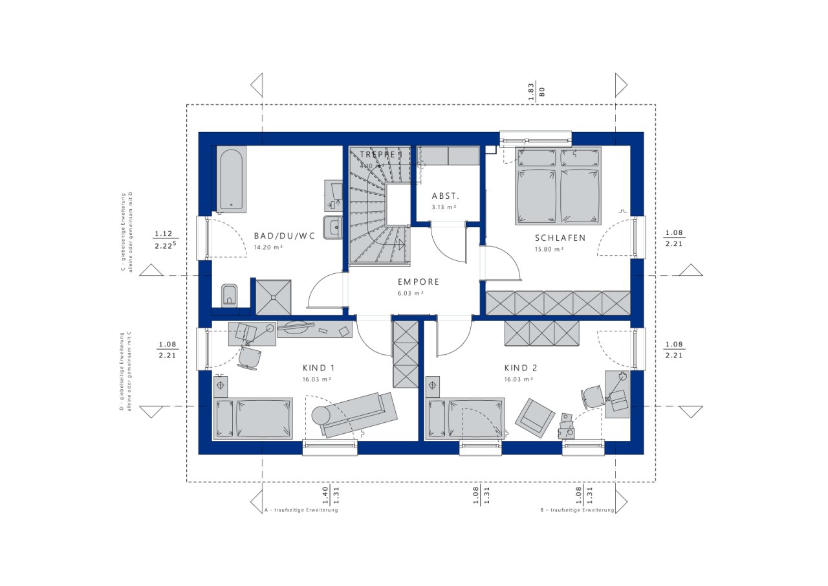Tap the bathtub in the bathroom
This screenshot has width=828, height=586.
[x=231, y=179]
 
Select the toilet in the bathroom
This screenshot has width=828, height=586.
[x=229, y=295]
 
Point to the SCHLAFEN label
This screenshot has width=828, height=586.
[x=560, y=238]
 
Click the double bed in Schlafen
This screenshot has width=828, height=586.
[x=558, y=187]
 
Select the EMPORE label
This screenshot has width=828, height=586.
[x=419, y=282]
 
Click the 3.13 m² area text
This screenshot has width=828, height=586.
[x=444, y=207]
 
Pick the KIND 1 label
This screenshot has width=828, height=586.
[x=318, y=368]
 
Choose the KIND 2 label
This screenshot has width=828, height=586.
[x=521, y=368]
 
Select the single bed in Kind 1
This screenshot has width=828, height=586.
[x=254, y=418]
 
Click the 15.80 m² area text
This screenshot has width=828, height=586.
[x=549, y=249]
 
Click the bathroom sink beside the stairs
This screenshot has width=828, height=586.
[x=333, y=227]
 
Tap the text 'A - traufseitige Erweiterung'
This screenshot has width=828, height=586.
[x=301, y=510]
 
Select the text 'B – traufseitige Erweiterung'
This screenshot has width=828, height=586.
[x=577, y=510]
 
